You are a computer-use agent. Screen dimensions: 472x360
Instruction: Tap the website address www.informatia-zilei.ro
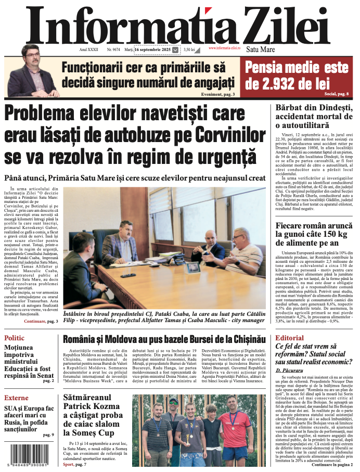225,48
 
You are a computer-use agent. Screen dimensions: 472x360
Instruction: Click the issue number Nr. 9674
113,49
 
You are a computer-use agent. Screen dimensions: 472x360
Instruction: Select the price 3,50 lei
189,49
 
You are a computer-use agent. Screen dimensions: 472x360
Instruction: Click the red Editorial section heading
289,338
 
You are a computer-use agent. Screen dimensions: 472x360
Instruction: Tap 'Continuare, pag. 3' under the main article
41,322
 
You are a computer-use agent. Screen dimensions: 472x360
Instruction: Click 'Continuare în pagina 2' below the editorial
332,464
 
